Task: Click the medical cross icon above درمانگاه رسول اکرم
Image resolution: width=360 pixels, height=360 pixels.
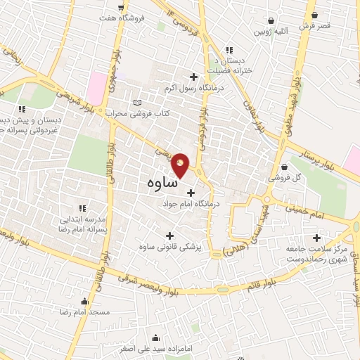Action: point(194,77)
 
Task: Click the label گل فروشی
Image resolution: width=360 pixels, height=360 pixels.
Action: point(288,178)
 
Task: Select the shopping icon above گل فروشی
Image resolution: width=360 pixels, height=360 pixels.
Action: point(283,167)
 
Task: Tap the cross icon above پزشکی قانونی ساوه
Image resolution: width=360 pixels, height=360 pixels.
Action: point(169,236)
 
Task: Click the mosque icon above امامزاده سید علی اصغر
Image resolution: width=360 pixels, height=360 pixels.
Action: point(108,335)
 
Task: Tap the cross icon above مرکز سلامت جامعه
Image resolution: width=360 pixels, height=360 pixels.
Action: point(317,238)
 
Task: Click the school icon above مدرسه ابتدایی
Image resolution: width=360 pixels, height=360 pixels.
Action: point(82,207)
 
